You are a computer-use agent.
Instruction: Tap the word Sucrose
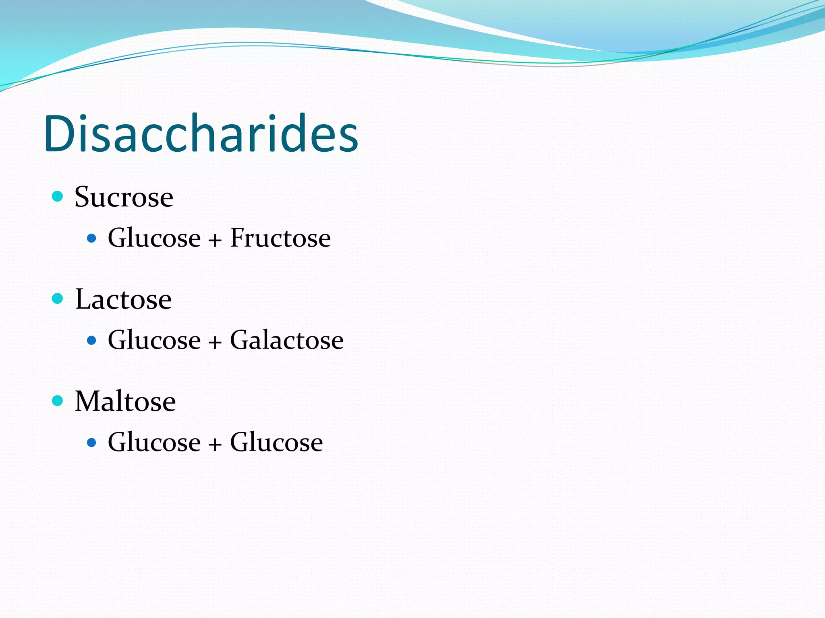point(124,197)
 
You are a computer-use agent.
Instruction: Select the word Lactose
point(123,299)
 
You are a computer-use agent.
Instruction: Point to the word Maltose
point(125,402)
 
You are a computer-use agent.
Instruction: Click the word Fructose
point(280,238)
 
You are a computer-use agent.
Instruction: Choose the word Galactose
point(287,340)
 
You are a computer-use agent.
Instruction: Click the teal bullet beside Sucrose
point(58,196)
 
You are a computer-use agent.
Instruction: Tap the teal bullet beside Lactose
point(58,299)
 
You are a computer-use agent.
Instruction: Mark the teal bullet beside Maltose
point(58,401)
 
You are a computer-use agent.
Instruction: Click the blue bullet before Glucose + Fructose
point(92,239)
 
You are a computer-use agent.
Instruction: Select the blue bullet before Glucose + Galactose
point(92,341)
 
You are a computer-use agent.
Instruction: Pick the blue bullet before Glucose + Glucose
point(92,443)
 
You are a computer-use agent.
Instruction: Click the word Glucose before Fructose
point(154,238)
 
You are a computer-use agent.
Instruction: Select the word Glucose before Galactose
point(154,340)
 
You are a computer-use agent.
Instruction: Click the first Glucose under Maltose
point(154,442)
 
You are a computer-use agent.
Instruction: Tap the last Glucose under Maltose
point(276,442)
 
